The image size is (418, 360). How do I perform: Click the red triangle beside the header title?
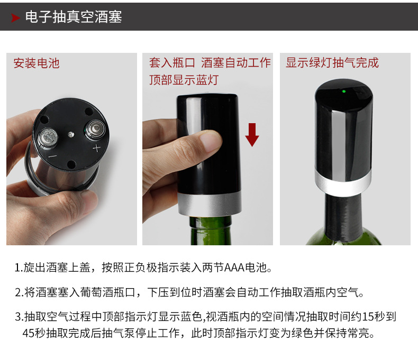[15, 18]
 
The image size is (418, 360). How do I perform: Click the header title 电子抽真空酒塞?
[74, 17]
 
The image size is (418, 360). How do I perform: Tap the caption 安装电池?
[37, 63]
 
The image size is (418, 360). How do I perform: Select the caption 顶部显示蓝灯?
[184, 80]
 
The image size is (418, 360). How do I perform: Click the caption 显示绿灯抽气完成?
[332, 63]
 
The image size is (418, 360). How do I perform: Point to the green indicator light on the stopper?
[344, 91]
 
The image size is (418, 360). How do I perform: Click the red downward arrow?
[252, 135]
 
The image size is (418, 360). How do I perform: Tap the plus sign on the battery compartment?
[96, 148]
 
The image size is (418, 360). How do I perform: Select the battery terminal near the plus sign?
[95, 130]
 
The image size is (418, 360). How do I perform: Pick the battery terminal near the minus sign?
[48, 138]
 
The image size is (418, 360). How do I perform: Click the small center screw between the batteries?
[71, 134]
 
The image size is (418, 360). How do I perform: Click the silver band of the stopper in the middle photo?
[210, 204]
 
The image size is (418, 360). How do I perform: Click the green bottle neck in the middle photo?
[211, 230]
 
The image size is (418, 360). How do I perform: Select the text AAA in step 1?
[234, 267]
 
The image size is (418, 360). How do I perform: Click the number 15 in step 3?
[367, 317]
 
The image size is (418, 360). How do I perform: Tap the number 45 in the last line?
[29, 333]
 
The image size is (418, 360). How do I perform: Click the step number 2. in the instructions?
[19, 292]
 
